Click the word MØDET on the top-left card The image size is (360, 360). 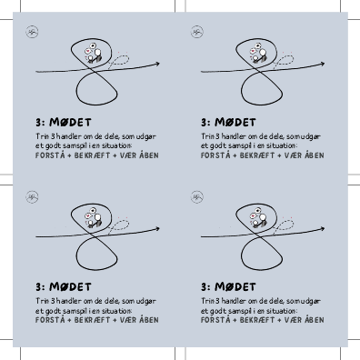tap(70, 123)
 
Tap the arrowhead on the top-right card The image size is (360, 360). tap(322, 64)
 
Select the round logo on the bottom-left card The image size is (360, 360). tap(32, 197)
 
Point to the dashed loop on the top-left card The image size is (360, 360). tap(119, 61)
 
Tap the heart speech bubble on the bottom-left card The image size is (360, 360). tap(87, 216)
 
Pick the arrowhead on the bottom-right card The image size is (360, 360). tap(322, 229)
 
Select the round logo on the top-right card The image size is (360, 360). tap(197, 32)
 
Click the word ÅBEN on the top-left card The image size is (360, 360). tap(149, 155)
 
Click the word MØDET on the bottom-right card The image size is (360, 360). tap(235, 287)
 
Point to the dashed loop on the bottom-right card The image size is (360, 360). tap(284, 225)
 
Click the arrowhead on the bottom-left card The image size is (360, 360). tap(156, 229)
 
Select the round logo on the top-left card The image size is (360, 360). tap(32, 32)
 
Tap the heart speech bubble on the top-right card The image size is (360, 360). tap(253, 51)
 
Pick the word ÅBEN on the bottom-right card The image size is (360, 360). tap(315, 320)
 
